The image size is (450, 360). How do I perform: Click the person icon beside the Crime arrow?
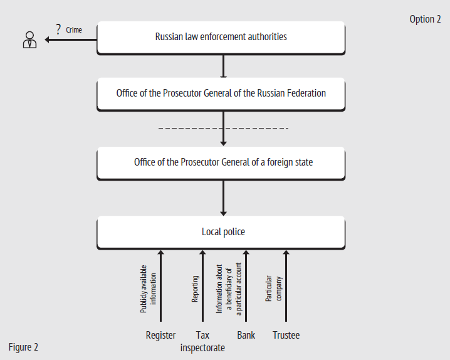click(x=29, y=40)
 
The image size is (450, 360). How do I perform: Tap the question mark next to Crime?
click(x=58, y=29)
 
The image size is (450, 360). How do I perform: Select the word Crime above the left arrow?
click(x=74, y=30)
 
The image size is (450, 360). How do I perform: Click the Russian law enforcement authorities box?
click(x=221, y=38)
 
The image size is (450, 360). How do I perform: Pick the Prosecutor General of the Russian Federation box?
click(x=221, y=94)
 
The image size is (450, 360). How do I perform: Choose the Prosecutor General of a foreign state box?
click(x=221, y=163)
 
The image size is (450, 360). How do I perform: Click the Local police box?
click(x=221, y=233)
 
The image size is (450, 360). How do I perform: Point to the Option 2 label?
click(x=425, y=19)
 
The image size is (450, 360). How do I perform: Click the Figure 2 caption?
click(x=23, y=347)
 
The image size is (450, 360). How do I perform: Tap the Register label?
click(x=160, y=335)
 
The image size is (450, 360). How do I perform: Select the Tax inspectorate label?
click(x=202, y=341)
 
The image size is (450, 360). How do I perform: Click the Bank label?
click(x=246, y=335)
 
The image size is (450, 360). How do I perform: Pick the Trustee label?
click(x=286, y=335)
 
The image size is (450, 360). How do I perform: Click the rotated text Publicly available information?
click(x=148, y=289)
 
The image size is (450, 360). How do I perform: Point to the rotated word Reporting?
click(x=195, y=289)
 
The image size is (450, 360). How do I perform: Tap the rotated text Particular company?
click(x=273, y=289)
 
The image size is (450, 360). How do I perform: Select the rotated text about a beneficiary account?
click(x=229, y=289)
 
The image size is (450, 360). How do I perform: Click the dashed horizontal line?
click(x=223, y=128)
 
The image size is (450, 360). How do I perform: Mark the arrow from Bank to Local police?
click(x=246, y=286)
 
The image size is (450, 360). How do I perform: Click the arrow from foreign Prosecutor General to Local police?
click(x=223, y=198)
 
